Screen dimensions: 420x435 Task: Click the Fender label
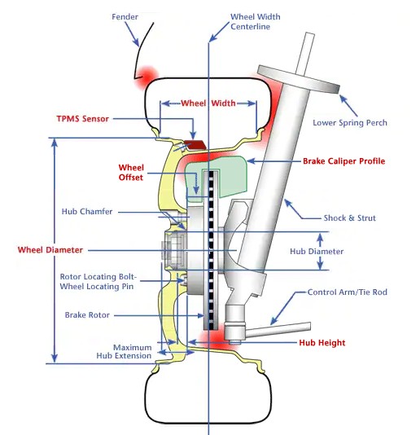[125, 17]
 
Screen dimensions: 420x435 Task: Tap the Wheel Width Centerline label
[255, 22]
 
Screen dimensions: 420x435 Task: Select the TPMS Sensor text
[82, 119]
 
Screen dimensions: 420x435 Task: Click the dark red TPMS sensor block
[195, 144]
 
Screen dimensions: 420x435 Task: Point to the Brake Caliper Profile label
[343, 161]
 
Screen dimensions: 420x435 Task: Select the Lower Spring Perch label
[350, 123]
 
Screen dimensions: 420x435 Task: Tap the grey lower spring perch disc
[299, 79]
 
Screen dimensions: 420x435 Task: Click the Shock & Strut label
[349, 218]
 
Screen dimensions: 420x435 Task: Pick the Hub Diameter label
[317, 252]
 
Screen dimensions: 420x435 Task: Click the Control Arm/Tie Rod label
[348, 292]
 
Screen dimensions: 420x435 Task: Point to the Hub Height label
[322, 343]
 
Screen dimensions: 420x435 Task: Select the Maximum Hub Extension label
[125, 351]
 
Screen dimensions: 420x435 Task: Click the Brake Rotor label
[87, 315]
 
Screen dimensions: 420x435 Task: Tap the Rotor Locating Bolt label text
[98, 277]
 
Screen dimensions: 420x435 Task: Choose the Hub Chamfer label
[87, 212]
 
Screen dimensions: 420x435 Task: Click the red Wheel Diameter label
[50, 250]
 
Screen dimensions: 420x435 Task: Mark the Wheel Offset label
[131, 173]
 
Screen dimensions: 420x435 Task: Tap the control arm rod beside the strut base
[278, 330]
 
